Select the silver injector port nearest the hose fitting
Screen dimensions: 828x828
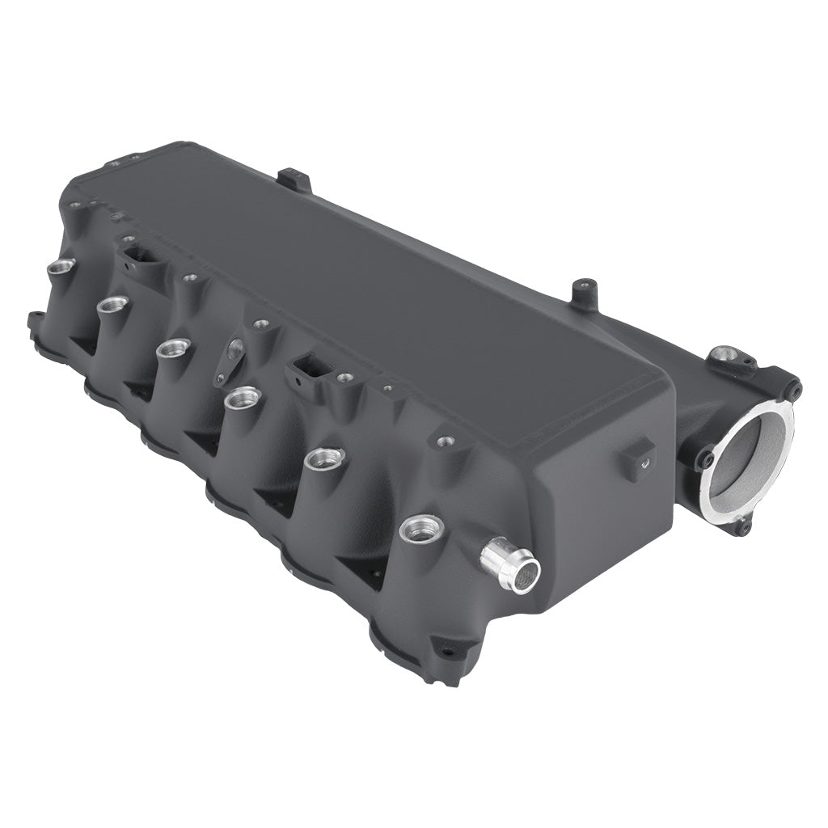421,529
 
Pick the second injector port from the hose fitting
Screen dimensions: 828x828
325,458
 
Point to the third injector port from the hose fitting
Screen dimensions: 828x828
243,397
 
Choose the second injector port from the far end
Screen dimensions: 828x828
112,304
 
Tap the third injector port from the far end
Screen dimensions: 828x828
172,347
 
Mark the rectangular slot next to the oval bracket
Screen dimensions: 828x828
312,368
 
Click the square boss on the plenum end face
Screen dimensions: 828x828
638,458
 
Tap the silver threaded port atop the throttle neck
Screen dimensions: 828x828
725,354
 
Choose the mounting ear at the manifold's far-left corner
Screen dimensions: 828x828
36,321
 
